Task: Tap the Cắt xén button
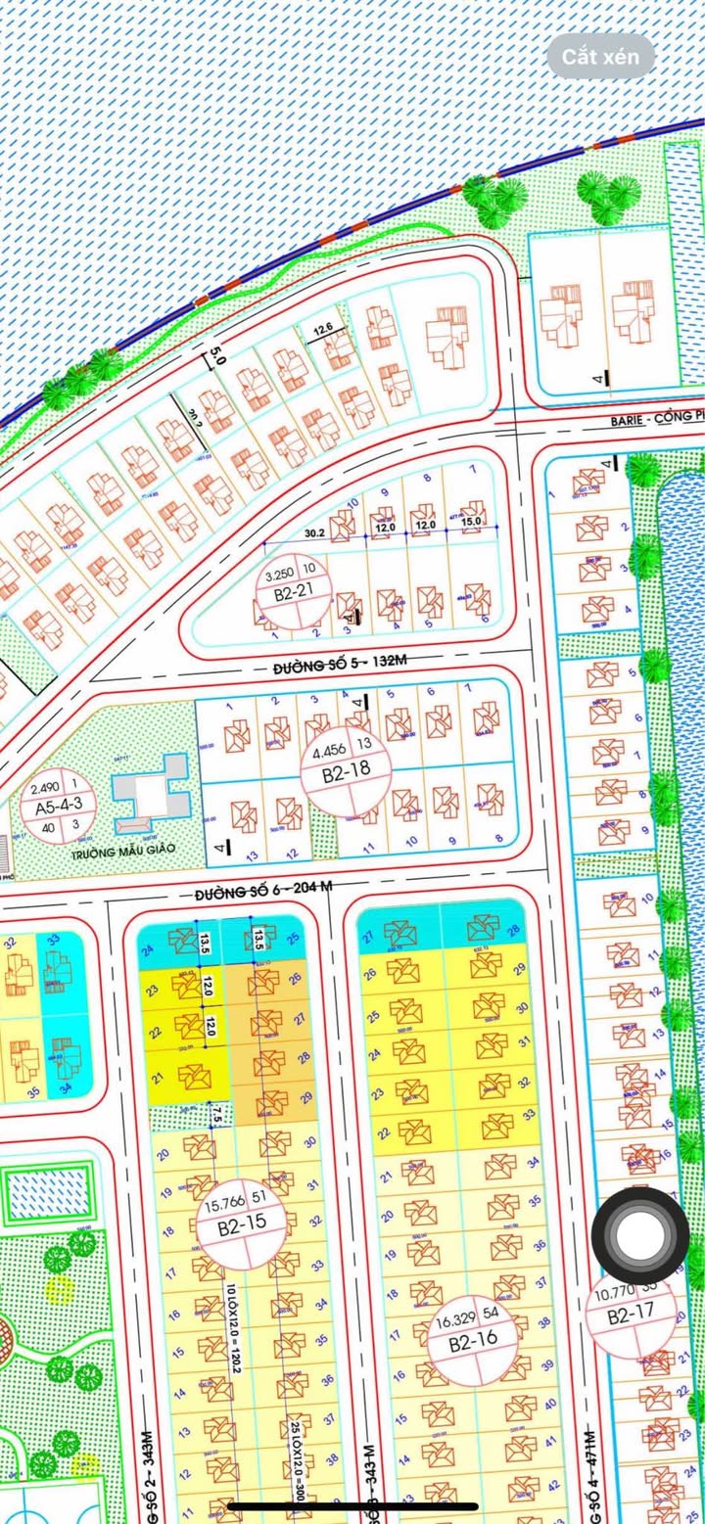tap(600, 57)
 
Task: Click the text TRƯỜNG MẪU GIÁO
tap(122, 850)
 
